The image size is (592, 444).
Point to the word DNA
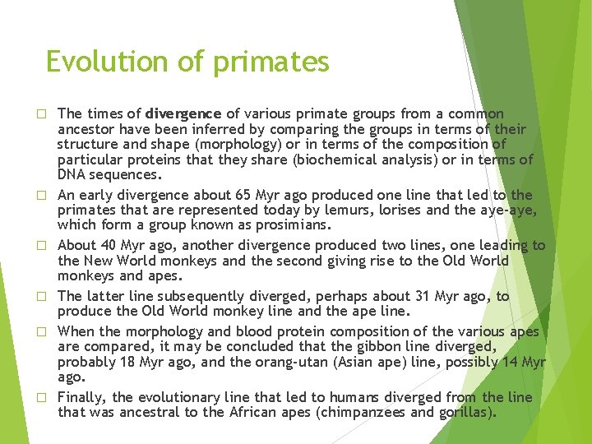click(x=72, y=175)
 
